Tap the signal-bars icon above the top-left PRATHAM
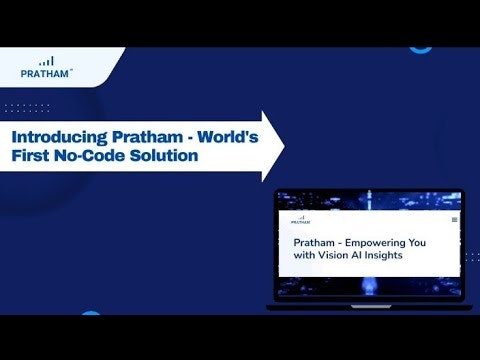(47, 60)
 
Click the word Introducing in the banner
(55, 135)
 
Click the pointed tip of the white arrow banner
(283, 146)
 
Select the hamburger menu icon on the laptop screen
(455, 217)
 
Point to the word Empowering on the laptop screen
(385, 243)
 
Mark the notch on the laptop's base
(372, 305)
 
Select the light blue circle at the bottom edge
(90, 316)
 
